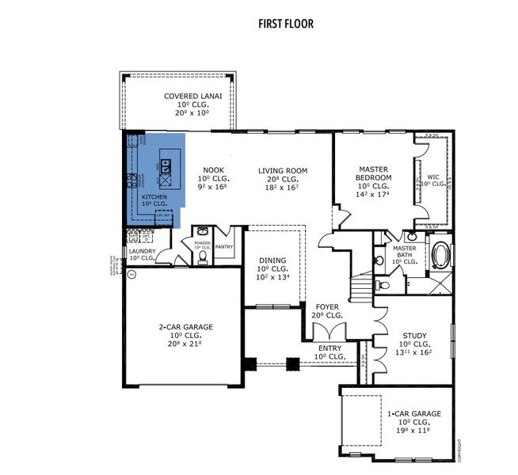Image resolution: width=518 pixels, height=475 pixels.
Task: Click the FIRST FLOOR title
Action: pos(286,24)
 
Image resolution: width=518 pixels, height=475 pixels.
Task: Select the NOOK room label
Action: pos(212,170)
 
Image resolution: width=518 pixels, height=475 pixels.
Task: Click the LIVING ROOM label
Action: pos(282,170)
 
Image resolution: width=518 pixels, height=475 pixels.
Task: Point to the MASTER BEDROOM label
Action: pos(371,173)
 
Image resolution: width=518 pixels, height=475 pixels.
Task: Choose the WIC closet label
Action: pos(433,177)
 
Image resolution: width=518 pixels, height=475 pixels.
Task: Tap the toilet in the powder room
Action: pos(202,256)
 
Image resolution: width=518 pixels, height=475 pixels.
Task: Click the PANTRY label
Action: pos(224,246)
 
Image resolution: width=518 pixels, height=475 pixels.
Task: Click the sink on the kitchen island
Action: pos(165,166)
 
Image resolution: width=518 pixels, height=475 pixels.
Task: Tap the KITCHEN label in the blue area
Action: pos(154,196)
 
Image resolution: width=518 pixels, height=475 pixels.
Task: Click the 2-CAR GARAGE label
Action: pos(180,326)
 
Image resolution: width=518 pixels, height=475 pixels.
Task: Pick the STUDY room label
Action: pos(415,336)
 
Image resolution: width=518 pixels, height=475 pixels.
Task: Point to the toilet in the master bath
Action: pos(380,283)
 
